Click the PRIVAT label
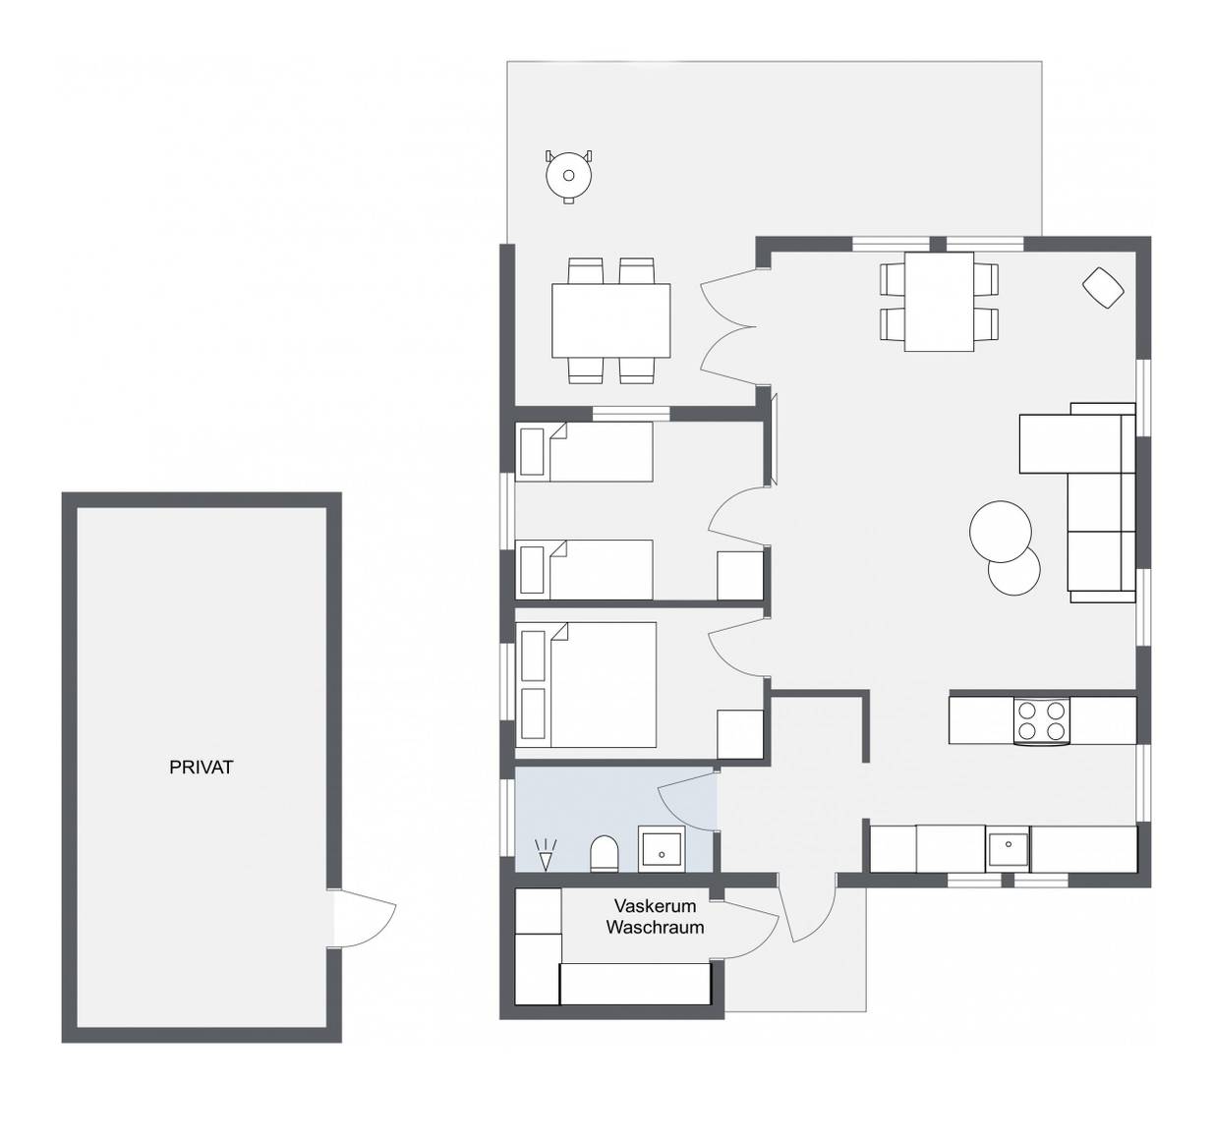tap(201, 768)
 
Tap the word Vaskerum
tap(655, 905)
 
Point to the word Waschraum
tap(655, 927)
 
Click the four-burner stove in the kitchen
tap(1041, 720)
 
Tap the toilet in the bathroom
tap(605, 853)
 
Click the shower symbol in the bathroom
tap(546, 855)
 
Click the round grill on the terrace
tap(568, 177)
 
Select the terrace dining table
tap(610, 320)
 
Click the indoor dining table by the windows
tap(939, 302)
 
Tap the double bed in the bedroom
tap(586, 685)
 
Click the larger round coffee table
tap(1001, 532)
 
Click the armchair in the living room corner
tap(1103, 288)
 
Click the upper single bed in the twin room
tap(585, 451)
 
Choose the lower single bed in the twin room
tap(585, 569)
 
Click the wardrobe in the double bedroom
tap(740, 734)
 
